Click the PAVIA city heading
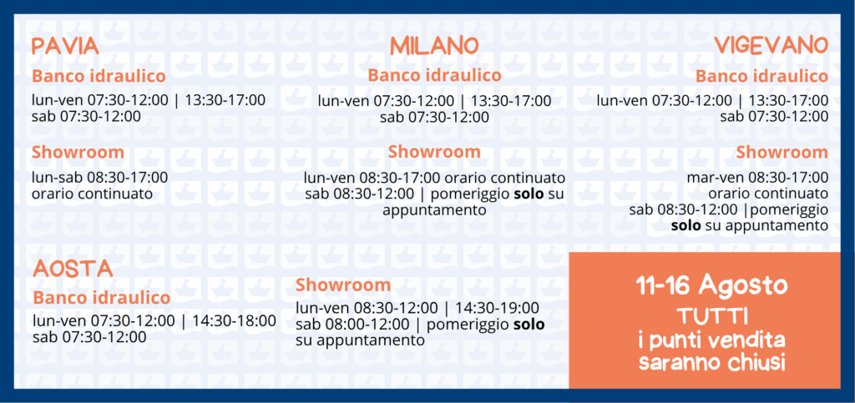(65, 46)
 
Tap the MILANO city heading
(434, 46)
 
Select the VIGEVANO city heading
(772, 45)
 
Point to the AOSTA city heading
(73, 269)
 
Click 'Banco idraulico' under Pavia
(99, 76)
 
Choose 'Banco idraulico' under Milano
(434, 75)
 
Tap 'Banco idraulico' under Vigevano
(761, 76)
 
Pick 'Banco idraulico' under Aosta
(101, 298)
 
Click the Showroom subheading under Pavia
(78, 153)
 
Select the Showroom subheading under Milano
(434, 152)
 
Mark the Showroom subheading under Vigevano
(782, 153)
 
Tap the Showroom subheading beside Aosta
(343, 285)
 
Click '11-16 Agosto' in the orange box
(711, 285)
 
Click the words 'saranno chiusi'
(711, 362)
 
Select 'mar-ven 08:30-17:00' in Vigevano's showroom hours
(757, 177)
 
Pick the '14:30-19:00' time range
(497, 308)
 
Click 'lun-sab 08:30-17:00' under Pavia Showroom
(100, 178)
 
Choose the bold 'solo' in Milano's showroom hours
(529, 194)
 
